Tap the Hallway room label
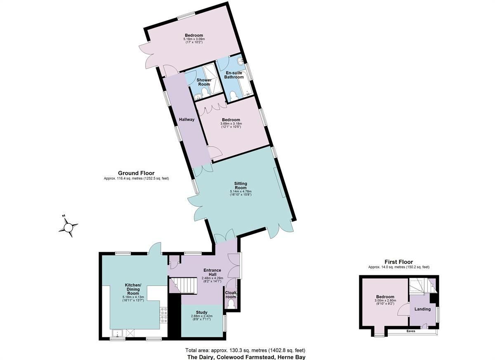point(186,120)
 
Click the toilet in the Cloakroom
point(231,304)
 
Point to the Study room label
point(202,313)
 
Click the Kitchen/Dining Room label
point(133,288)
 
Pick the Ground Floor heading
point(136,173)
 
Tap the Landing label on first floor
point(422,309)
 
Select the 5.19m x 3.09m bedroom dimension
point(194,39)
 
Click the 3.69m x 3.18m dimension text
point(231,123)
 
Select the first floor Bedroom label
point(385,297)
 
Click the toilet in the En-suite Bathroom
point(234,95)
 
